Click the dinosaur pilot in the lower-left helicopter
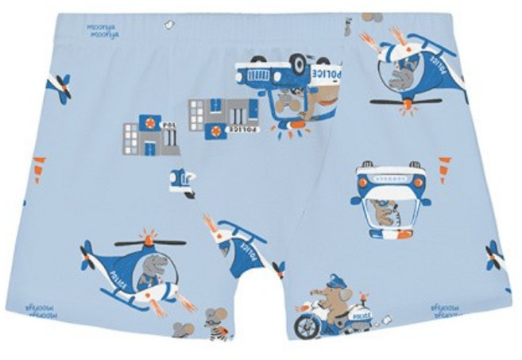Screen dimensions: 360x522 (x=153, y=268)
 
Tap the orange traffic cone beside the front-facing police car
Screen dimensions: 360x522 (x=445, y=168)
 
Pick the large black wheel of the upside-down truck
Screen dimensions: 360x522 (x=298, y=64)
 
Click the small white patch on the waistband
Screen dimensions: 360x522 (x=168, y=25)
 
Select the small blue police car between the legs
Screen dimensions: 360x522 (x=182, y=180)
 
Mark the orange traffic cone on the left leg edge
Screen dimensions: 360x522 (x=38, y=168)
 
